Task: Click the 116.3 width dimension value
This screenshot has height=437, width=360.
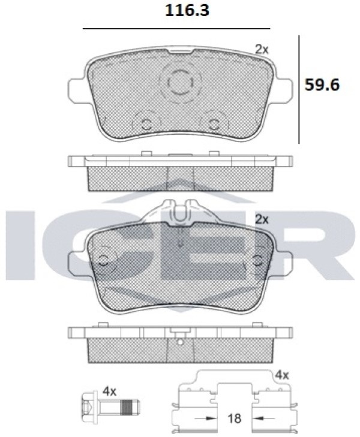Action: click(x=187, y=11)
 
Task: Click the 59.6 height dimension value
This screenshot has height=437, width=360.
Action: click(x=322, y=85)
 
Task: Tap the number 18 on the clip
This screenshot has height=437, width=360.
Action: click(x=234, y=418)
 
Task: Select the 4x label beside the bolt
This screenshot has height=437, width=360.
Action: click(x=109, y=392)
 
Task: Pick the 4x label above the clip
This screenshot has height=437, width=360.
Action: click(x=282, y=375)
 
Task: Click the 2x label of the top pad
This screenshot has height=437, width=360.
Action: click(x=262, y=50)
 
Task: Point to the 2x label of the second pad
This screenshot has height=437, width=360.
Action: click(x=262, y=219)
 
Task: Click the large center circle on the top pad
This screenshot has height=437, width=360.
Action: click(x=181, y=82)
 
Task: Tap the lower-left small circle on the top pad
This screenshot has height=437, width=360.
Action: click(x=146, y=123)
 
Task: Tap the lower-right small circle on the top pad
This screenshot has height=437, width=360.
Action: click(x=214, y=123)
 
